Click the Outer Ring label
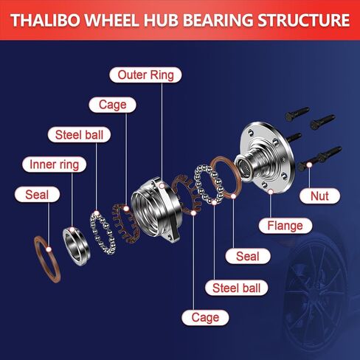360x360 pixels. click(x=145, y=75)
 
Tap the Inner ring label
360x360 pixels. click(x=55, y=165)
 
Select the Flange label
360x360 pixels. click(x=285, y=226)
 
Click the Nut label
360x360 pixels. click(x=319, y=196)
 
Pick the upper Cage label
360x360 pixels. click(x=113, y=105)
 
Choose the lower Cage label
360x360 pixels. click(x=205, y=317)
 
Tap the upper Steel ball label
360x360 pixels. click(x=79, y=135)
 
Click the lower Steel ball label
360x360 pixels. click(x=236, y=288)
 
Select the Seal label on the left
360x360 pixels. click(x=37, y=195)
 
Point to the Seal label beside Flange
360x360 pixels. click(x=248, y=256)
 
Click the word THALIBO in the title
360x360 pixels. click(x=46, y=20)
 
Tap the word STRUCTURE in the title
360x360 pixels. click(x=304, y=20)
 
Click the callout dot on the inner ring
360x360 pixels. click(x=72, y=229)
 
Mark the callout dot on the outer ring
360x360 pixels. click(x=162, y=186)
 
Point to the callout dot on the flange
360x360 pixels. click(x=271, y=192)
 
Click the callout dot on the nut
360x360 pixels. click(x=309, y=165)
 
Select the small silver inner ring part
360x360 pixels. click(x=76, y=246)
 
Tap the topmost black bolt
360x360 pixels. click(x=297, y=114)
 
